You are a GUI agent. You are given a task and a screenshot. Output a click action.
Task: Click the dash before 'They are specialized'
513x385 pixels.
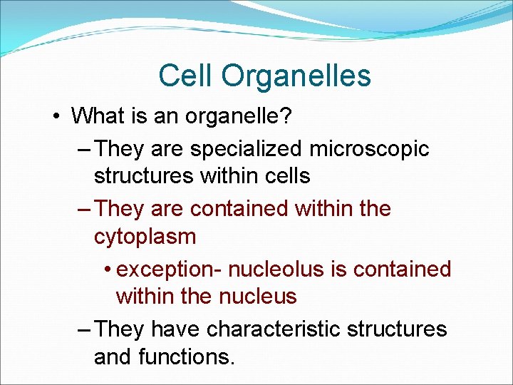point(83,149)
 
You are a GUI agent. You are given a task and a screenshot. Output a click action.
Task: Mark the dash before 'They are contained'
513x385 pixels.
point(83,209)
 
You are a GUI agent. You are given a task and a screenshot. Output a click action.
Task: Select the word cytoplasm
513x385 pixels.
point(145,237)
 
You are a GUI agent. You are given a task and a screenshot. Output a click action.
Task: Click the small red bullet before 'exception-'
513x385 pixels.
point(106,269)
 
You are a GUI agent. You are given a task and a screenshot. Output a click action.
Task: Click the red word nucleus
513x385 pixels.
point(257,296)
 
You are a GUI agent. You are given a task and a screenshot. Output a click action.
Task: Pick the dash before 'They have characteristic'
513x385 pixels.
point(83,329)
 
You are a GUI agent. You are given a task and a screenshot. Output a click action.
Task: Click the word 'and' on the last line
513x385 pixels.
point(114,356)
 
